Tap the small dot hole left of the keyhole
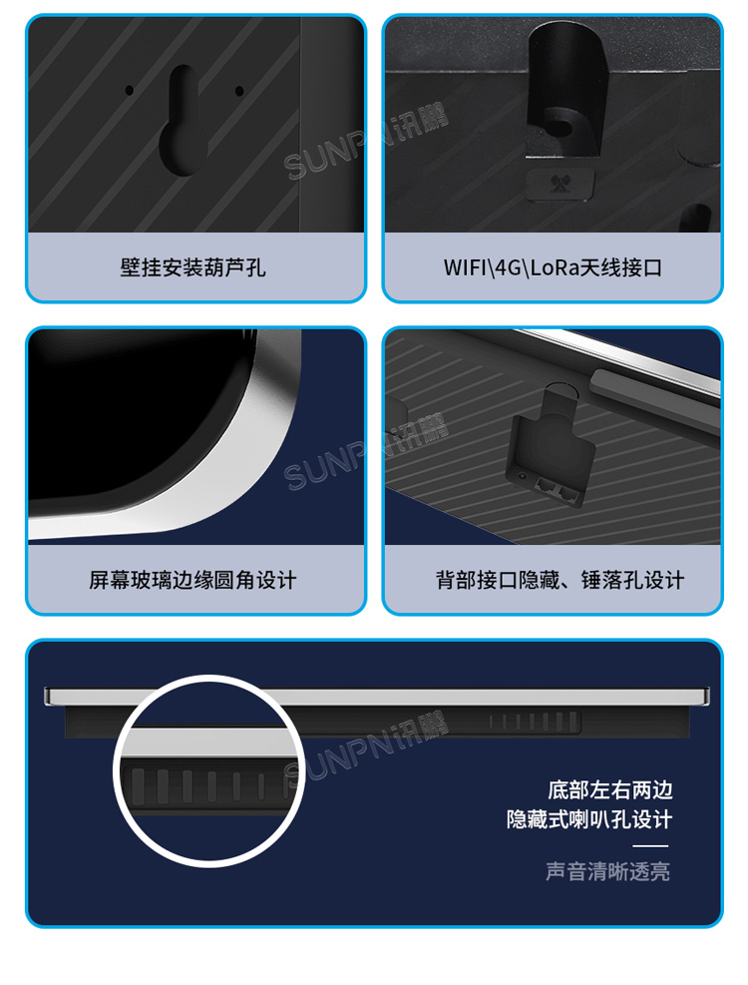click(129, 90)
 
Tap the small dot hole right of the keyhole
click(239, 91)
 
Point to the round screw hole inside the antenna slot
click(560, 128)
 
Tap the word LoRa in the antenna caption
click(553, 267)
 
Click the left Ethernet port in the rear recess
click(545, 482)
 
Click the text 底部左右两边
click(609, 790)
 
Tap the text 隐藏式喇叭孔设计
click(588, 820)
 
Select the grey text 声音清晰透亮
click(607, 871)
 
